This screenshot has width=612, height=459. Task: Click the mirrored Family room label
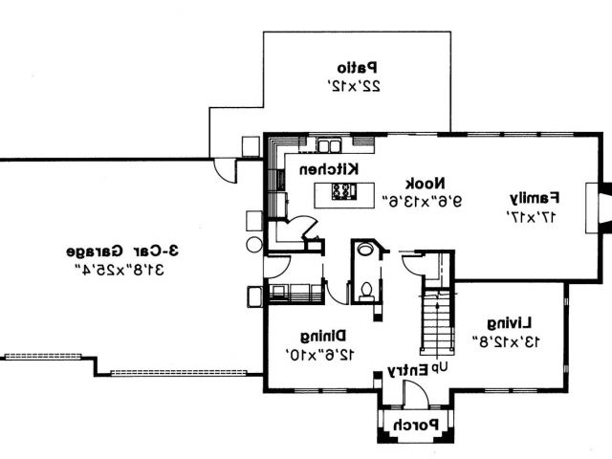pos(532,199)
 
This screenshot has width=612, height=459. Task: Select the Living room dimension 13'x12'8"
pos(506,340)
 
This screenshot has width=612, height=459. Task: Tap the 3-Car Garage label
pos(114,252)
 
